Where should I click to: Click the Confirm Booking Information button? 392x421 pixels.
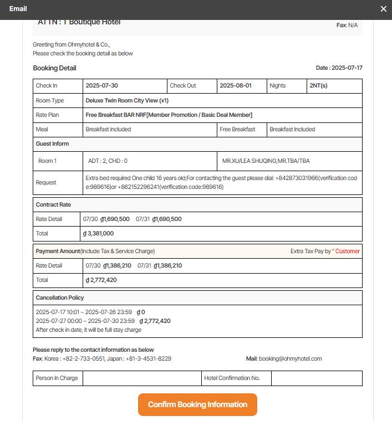(197, 404)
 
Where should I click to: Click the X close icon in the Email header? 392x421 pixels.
(384, 9)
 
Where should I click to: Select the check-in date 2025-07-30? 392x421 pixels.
(102, 86)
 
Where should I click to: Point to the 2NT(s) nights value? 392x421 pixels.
(319, 86)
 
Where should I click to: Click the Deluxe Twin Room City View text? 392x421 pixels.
(127, 101)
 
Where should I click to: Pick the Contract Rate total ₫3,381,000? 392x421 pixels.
(99, 234)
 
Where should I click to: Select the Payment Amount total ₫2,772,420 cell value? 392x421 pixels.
(101, 280)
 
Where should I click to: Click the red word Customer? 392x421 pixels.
(348, 251)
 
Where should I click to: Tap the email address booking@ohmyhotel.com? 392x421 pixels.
(291, 359)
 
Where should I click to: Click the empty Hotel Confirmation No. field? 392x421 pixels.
(316, 378)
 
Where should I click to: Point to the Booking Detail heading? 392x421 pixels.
(54, 68)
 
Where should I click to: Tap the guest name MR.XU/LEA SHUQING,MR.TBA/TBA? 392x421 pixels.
(266, 161)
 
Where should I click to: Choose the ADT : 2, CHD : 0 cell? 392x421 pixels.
(108, 161)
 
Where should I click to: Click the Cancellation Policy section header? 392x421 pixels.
(60, 298)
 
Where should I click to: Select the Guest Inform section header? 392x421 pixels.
(53, 144)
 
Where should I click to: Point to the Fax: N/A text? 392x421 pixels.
(347, 25)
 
